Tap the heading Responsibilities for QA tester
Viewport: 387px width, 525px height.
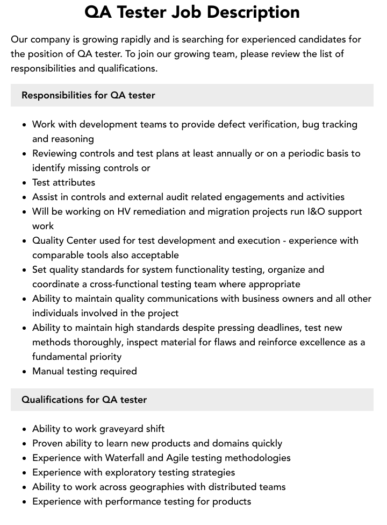coord(88,95)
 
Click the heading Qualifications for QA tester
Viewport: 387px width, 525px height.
coord(84,400)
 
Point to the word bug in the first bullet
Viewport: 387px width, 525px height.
coord(310,124)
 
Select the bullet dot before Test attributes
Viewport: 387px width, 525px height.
coord(25,183)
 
